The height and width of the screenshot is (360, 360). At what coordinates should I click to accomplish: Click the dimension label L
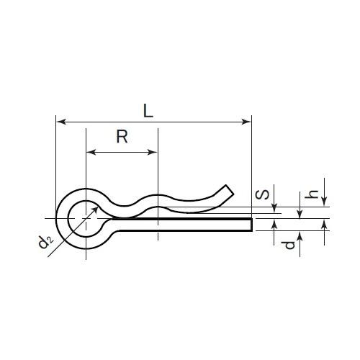147,111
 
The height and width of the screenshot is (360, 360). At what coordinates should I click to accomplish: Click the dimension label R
122,137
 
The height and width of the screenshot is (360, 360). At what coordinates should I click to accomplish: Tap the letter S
264,194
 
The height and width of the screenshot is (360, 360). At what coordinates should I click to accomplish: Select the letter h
312,194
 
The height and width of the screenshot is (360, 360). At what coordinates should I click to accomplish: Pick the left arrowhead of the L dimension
60,122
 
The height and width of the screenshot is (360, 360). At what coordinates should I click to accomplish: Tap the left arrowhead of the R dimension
90,152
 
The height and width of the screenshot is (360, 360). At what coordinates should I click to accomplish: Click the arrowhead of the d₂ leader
99,203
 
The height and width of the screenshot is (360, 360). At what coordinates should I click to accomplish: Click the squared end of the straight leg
251,225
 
